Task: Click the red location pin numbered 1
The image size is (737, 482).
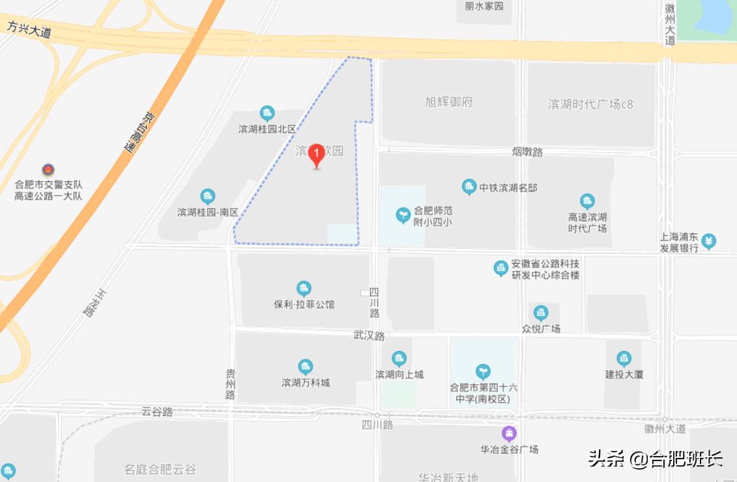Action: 316,155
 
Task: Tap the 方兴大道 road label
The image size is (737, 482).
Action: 29,29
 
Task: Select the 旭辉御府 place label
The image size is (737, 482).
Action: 448,102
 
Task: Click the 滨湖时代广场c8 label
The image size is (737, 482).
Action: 590,104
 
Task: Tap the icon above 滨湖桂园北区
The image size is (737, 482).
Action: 267,113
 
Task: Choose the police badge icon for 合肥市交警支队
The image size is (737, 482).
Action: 48,170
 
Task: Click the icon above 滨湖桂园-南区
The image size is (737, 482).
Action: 208,196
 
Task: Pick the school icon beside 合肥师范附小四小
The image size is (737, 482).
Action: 403,213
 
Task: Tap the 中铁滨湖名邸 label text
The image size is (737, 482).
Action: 508,188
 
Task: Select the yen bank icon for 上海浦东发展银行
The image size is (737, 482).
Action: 709,241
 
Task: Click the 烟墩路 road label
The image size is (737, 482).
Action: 527,152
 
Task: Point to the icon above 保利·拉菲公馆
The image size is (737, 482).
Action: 304,288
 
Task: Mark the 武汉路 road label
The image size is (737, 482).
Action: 369,336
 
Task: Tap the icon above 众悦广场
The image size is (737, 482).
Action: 541,313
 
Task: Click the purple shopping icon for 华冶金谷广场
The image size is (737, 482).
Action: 509,433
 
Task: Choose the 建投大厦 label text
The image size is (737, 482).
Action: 624,374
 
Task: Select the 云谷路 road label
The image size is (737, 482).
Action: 157,412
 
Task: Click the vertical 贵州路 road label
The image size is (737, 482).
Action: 230,384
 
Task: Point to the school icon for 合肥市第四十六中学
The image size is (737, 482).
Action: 483,372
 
